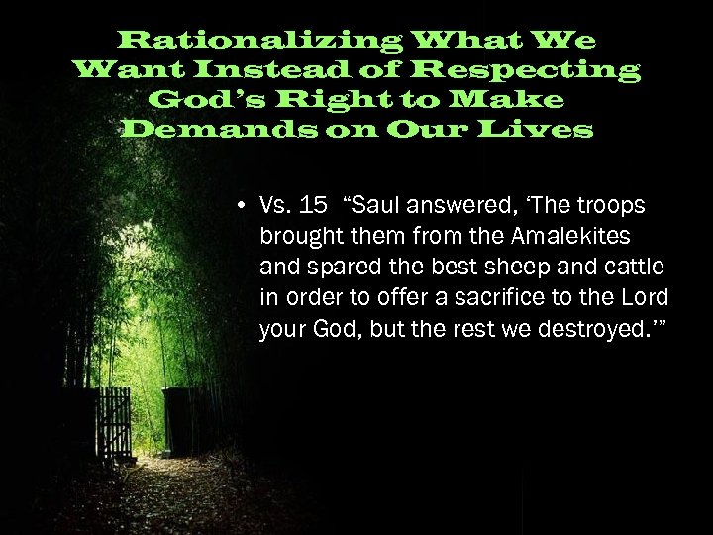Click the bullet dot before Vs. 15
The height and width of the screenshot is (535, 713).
pos(242,207)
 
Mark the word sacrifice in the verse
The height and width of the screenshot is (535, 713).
pos(497,298)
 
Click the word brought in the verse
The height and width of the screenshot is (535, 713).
pos(294,237)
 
